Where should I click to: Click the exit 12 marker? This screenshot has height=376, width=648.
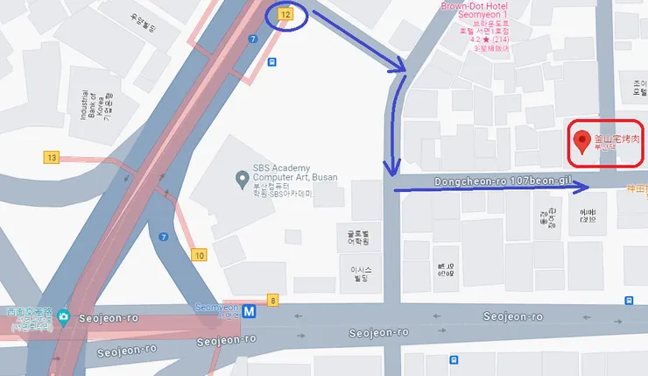[285, 15]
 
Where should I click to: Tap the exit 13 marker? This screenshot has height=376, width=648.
[52, 157]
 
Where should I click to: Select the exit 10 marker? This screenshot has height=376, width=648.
[199, 255]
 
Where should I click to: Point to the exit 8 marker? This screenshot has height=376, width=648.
[272, 301]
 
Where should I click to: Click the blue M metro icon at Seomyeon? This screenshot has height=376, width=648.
[250, 310]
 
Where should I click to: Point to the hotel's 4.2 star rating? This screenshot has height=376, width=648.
[475, 39]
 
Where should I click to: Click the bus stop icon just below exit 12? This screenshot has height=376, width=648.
[273, 62]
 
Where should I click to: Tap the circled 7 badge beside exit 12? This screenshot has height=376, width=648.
[252, 39]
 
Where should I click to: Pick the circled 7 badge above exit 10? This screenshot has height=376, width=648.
[164, 237]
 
